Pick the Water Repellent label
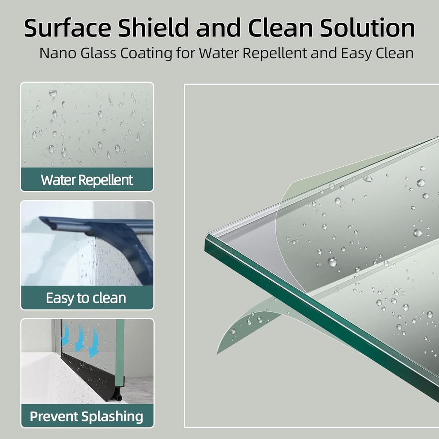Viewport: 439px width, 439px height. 87,180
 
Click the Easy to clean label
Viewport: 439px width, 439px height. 86,298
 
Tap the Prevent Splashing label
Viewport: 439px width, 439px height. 87,416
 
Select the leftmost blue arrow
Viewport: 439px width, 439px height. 66,337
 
